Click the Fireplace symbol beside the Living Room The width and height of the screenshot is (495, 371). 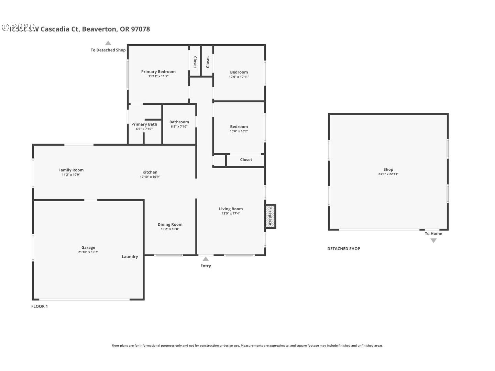[270, 216]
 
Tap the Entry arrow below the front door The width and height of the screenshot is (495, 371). [206, 259]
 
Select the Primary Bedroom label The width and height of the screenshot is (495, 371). [158, 71]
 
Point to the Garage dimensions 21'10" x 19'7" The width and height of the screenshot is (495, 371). [88, 252]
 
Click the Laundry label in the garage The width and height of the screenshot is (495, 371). [130, 257]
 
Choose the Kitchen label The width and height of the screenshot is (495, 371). [150, 172]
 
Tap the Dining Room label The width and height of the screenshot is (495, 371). [170, 224]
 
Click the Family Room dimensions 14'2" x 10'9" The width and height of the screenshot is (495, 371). [71, 175]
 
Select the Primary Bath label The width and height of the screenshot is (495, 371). [144, 124]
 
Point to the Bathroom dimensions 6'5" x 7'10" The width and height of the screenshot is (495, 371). [179, 127]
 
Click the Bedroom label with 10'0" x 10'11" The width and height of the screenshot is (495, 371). [239, 72]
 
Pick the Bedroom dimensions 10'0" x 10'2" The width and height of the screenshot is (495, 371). [239, 131]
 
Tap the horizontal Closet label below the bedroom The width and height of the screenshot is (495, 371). [246, 160]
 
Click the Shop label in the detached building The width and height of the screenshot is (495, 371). [388, 169]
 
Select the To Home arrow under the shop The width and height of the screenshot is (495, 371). [433, 240]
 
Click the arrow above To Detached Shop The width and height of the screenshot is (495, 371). [108, 43]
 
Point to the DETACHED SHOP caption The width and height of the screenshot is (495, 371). [343, 249]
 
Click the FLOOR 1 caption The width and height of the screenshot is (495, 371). [40, 306]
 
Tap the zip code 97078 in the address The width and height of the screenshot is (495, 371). [141, 29]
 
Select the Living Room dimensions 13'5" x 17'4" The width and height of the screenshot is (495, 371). [231, 214]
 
